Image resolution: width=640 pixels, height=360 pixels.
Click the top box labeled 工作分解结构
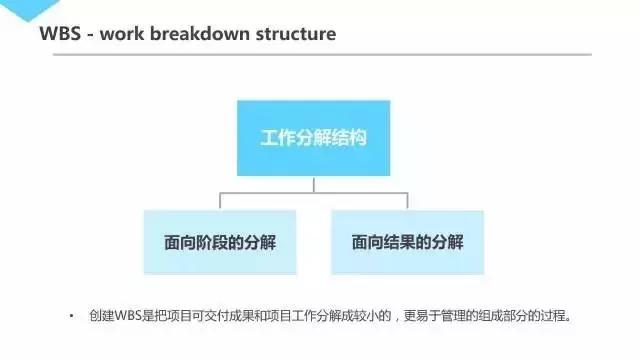(313, 137)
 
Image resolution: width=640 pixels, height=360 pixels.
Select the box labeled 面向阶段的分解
(220, 242)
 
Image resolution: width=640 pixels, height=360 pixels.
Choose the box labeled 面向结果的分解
(407, 242)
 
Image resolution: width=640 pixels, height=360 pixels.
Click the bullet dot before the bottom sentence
(72, 318)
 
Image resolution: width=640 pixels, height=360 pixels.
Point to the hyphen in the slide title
(92, 35)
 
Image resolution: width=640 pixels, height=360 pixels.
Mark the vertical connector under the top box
(313, 184)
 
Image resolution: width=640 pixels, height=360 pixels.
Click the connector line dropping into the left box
(220, 201)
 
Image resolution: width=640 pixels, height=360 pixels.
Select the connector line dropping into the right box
(407, 201)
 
